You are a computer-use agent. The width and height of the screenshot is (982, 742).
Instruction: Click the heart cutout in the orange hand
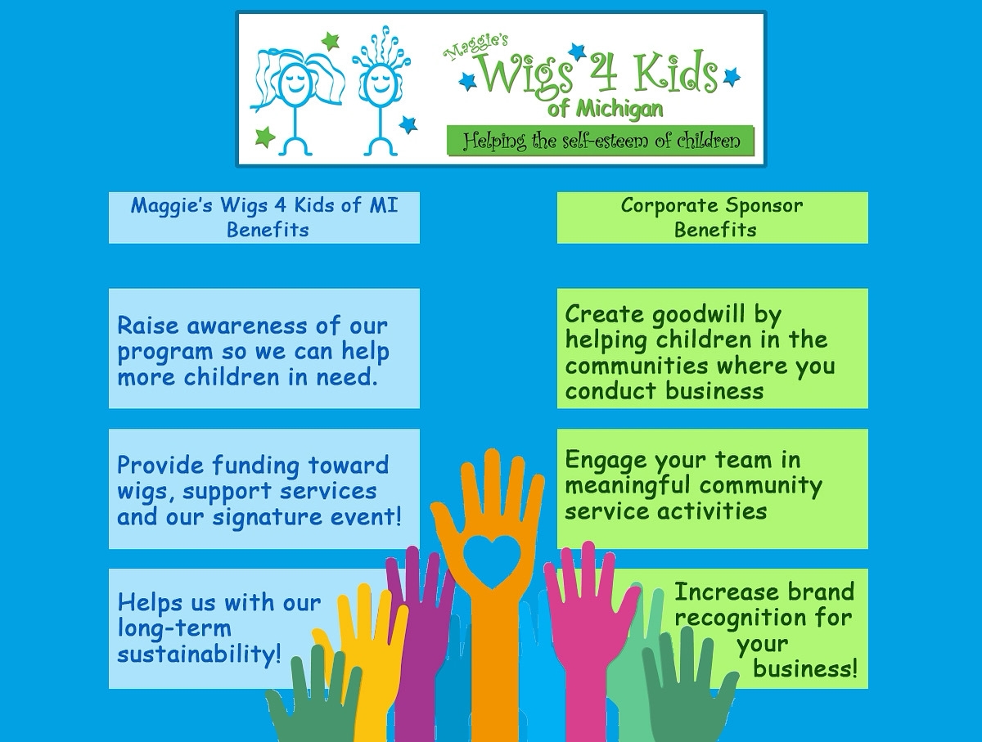coord(492,562)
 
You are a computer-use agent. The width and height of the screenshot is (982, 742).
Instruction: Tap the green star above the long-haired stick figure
coord(330,41)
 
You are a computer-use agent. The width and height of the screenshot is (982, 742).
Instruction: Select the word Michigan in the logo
coord(619,110)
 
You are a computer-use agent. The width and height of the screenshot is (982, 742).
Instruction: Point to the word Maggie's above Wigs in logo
coord(475,47)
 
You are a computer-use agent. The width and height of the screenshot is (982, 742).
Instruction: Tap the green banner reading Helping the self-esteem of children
coord(601,141)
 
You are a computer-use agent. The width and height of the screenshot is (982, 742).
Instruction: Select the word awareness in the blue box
coord(246,325)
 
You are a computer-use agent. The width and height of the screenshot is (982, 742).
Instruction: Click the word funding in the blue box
coord(256,466)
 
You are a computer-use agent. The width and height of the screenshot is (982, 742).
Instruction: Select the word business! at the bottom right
coord(805,668)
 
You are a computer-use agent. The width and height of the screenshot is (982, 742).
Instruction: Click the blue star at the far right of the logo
coord(732,76)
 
